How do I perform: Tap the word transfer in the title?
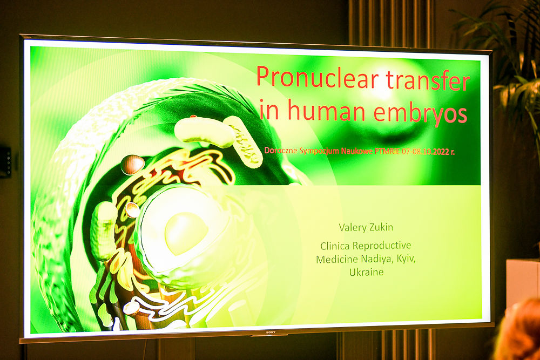[x=428, y=80]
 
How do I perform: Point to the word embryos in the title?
[x=420, y=112]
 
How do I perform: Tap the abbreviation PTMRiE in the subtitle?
[x=387, y=152]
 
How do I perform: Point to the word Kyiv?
[x=406, y=259]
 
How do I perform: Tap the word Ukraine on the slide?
[x=367, y=272]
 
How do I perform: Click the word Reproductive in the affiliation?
[x=382, y=246]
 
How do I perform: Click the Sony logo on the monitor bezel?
[x=269, y=332]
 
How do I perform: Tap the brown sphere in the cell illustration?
[x=133, y=165]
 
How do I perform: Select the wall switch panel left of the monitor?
[x=5, y=162]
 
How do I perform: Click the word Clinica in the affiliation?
[x=335, y=246]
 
